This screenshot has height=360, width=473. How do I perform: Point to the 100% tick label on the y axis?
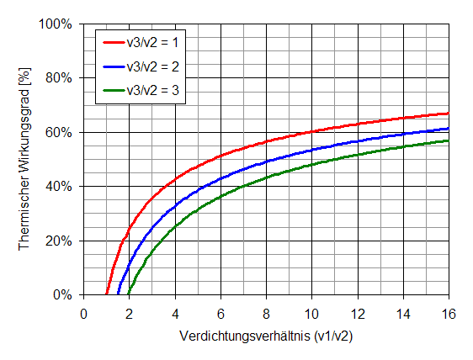point(56,24)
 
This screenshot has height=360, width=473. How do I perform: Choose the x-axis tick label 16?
point(448,313)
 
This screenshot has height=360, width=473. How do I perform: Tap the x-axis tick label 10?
point(311,313)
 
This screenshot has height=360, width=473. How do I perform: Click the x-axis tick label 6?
point(221,313)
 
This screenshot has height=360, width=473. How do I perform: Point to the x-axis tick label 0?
point(83,313)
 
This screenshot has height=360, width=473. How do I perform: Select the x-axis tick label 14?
point(402,313)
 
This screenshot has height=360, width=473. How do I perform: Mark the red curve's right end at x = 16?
point(448,113)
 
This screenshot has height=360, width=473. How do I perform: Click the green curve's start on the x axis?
point(130,294)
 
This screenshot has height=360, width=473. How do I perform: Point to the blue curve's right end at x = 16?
point(448,129)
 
